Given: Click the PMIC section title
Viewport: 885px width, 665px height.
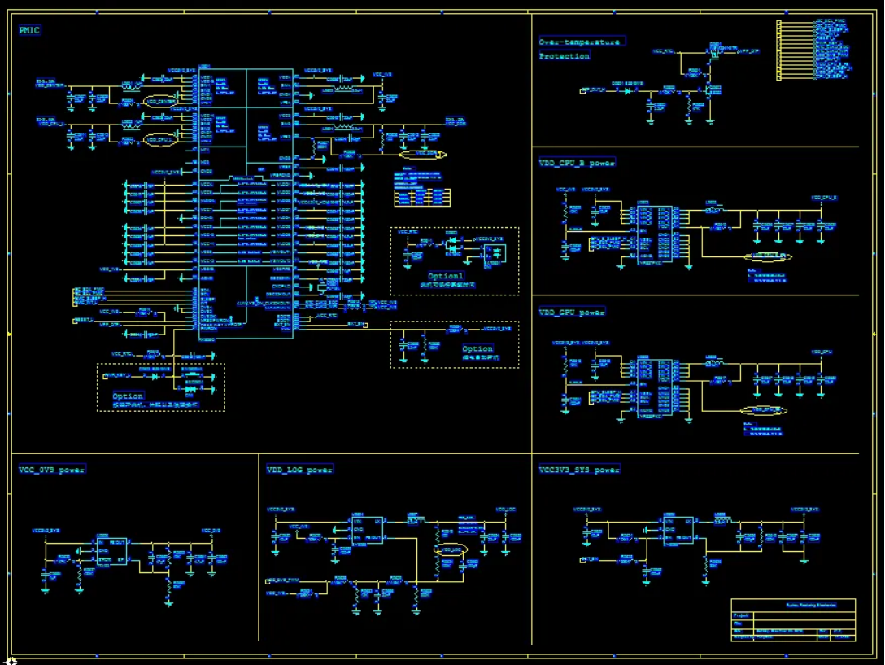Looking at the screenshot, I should [x=30, y=31].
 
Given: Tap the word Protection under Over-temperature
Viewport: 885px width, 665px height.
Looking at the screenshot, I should [x=565, y=56].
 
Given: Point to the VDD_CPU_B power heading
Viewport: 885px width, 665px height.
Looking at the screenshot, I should [x=577, y=163].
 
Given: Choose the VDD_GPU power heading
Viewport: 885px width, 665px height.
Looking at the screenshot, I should [x=572, y=312].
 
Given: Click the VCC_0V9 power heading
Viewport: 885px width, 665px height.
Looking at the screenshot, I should [x=51, y=470].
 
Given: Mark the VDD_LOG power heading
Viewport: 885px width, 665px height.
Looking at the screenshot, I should [x=299, y=470].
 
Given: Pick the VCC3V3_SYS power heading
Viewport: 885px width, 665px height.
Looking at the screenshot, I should [x=578, y=470].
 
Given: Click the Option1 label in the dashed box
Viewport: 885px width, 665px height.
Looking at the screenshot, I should [x=445, y=277].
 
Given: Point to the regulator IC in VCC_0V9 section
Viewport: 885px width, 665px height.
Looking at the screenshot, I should [x=111, y=550].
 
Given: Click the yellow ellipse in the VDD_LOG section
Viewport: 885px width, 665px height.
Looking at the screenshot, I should [x=451, y=550].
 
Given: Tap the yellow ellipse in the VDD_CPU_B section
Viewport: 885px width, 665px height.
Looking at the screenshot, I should [x=769, y=257].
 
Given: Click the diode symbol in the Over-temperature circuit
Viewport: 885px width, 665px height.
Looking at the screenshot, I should [x=629, y=90].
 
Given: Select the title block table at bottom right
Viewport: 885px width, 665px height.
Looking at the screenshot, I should [x=793, y=621].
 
